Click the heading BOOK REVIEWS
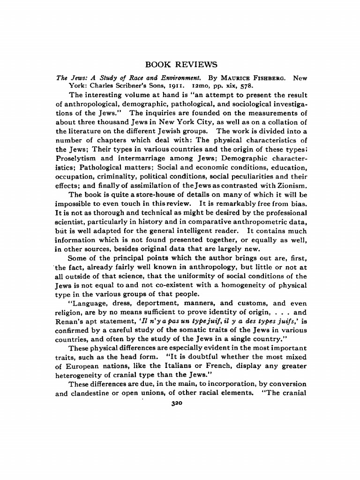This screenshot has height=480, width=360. [x=181, y=64]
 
